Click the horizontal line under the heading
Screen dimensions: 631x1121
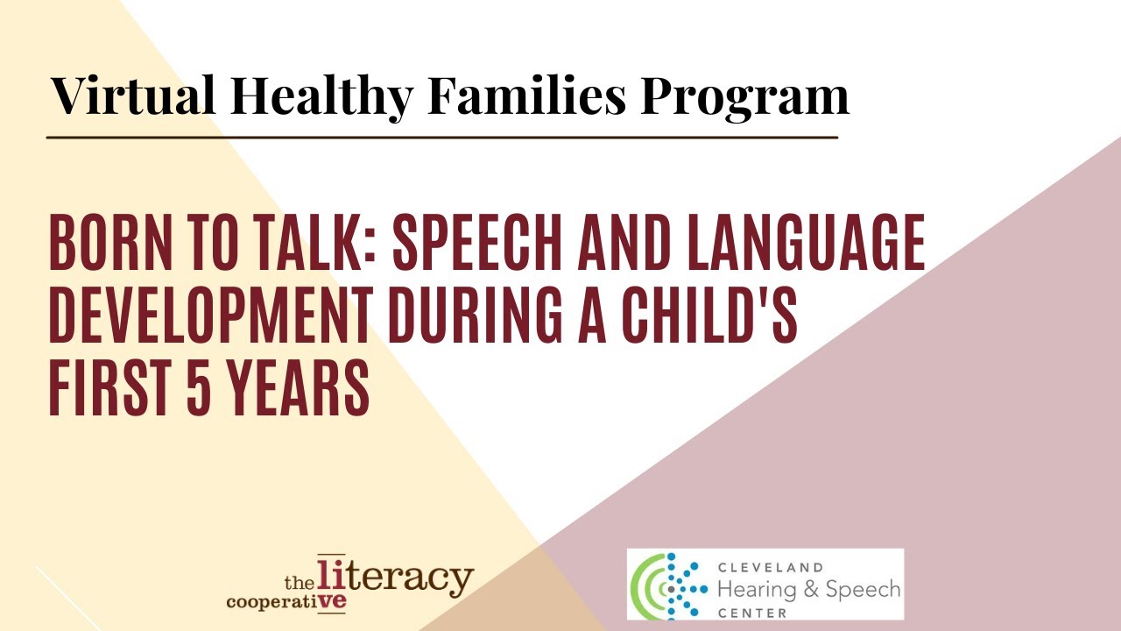coord(442,138)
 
